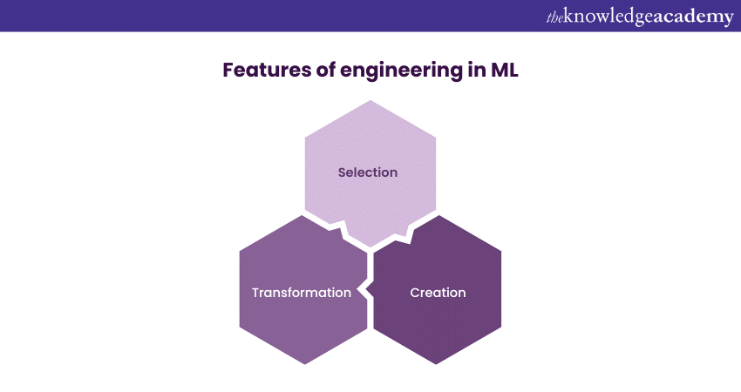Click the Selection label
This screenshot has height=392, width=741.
[368, 172]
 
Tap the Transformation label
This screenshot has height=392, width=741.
[302, 293]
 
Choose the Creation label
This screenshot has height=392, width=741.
[438, 293]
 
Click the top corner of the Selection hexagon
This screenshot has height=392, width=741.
[370, 100]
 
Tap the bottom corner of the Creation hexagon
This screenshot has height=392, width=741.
[438, 364]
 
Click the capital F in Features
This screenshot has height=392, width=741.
[228, 71]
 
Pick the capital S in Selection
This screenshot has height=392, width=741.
[343, 172]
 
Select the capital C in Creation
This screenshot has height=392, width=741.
[415, 293]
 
